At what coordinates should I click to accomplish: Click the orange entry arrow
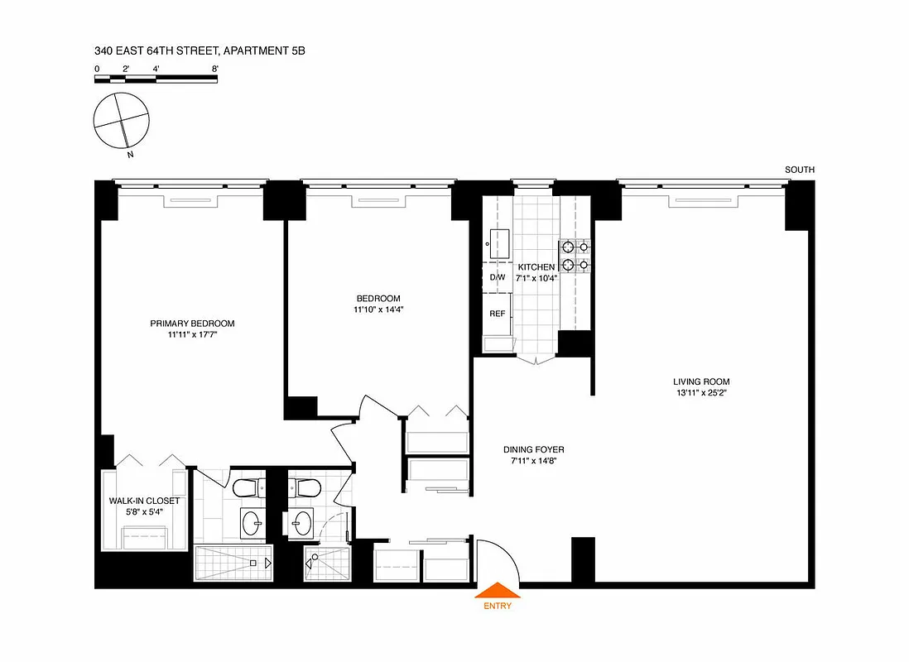(x=497, y=590)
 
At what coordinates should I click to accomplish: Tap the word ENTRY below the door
(x=497, y=606)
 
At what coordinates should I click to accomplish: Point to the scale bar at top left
(x=156, y=79)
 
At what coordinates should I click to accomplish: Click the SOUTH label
(x=800, y=170)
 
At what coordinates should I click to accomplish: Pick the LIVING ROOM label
(x=701, y=381)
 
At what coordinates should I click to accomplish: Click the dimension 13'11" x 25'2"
(x=701, y=393)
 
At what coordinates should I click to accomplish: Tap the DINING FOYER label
(x=534, y=450)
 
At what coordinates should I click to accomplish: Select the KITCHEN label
(x=536, y=267)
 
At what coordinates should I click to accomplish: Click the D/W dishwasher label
(x=498, y=277)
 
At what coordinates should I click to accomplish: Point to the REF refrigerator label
(x=498, y=314)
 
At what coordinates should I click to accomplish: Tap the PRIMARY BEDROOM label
(x=192, y=324)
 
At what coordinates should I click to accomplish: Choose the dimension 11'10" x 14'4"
(x=378, y=309)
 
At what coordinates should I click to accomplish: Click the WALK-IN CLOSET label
(x=144, y=501)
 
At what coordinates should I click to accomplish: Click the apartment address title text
(x=200, y=51)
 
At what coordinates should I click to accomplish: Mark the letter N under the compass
(x=130, y=154)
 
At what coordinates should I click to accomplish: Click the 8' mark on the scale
(x=214, y=69)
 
